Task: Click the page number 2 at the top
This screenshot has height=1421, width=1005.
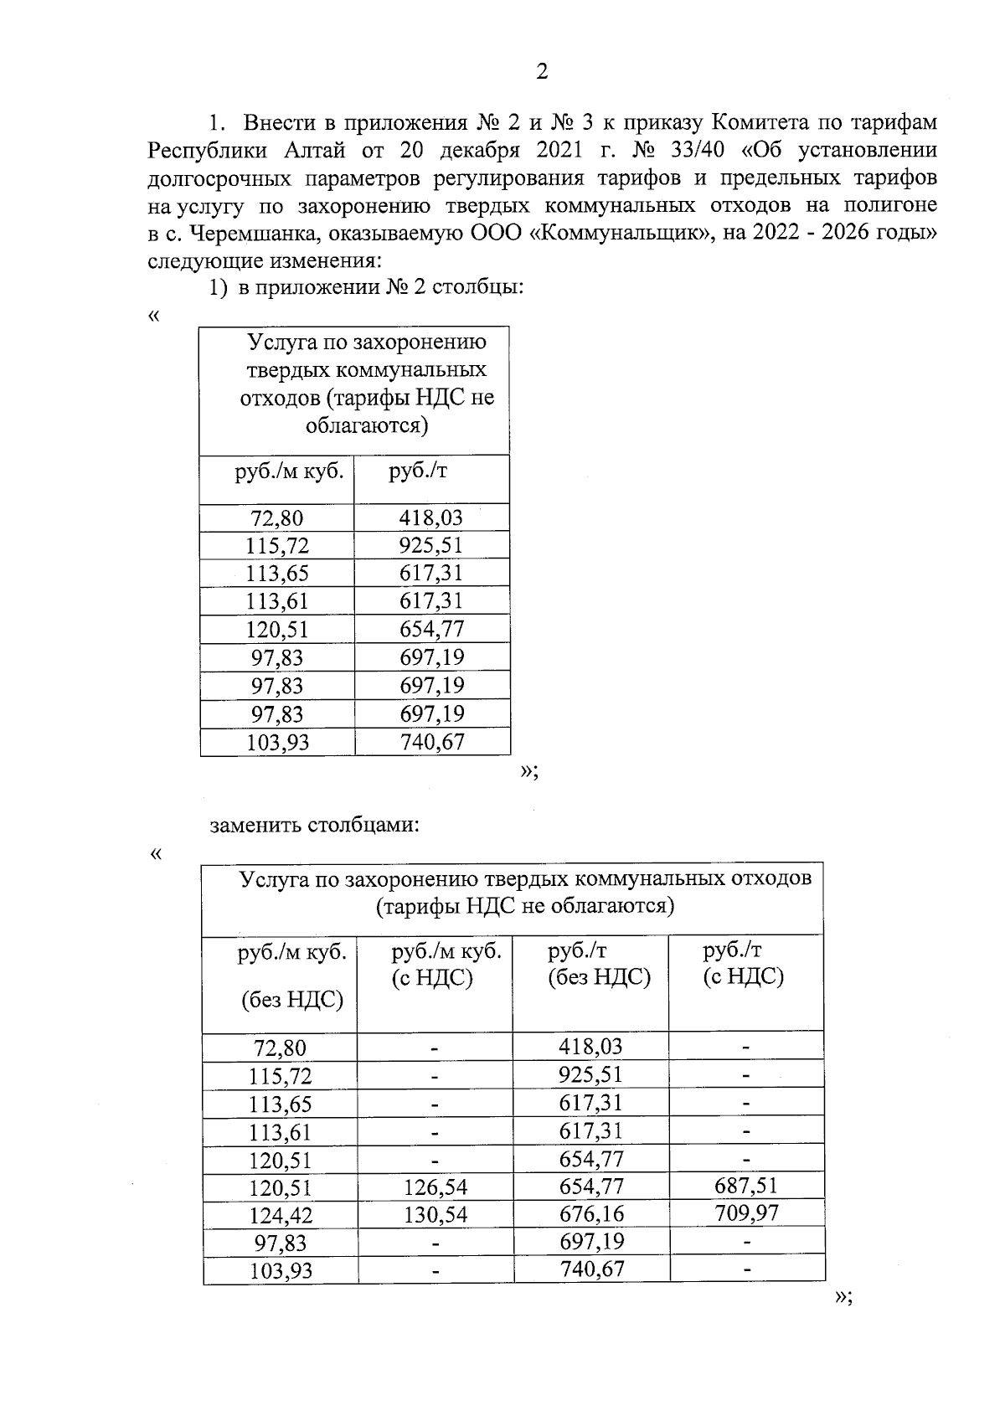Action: [x=541, y=72]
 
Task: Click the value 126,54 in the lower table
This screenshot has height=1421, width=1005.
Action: [x=435, y=1187]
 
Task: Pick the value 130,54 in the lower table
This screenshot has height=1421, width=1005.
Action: [x=435, y=1215]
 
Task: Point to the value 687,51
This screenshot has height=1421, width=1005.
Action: [x=746, y=1186]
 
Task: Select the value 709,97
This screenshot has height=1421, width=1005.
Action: [x=746, y=1213]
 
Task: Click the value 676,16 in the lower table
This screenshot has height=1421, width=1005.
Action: [x=591, y=1214]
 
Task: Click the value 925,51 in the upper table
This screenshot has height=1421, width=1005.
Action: [x=431, y=546]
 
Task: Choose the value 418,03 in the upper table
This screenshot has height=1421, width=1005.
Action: [x=431, y=517]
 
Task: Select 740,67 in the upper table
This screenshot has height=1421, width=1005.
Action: [x=431, y=742]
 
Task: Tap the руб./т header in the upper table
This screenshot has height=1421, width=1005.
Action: [x=418, y=471]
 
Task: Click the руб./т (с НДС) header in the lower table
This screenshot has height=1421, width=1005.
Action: [x=744, y=964]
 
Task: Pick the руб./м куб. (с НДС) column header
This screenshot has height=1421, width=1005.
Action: [x=446, y=964]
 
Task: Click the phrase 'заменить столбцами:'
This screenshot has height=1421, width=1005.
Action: [x=314, y=826]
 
